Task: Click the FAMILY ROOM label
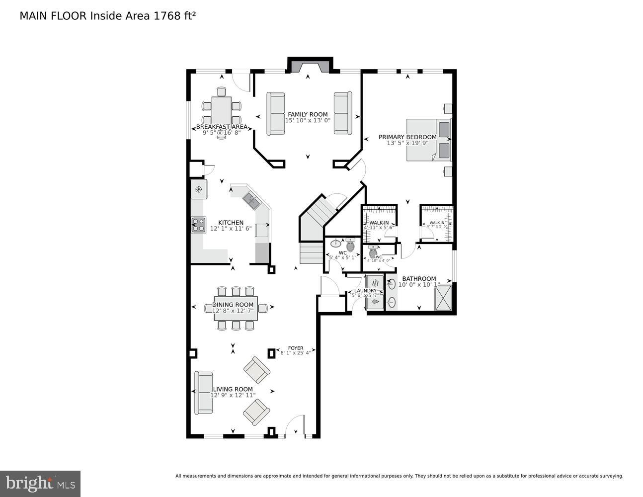(x=308, y=114)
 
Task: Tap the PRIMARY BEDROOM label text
(x=407, y=137)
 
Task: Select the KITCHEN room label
(x=231, y=223)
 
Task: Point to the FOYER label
(x=295, y=348)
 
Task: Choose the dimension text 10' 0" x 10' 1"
(x=419, y=285)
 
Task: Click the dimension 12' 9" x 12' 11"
(x=233, y=395)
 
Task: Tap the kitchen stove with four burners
(x=199, y=225)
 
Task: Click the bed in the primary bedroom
(x=428, y=140)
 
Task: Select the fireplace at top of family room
(x=310, y=66)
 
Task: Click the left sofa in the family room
(x=276, y=113)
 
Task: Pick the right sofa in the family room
(x=342, y=113)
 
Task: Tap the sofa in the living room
(x=203, y=393)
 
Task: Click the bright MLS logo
(x=40, y=483)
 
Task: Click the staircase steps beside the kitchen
(x=312, y=253)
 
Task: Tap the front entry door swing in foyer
(x=296, y=425)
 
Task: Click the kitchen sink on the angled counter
(x=251, y=200)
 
